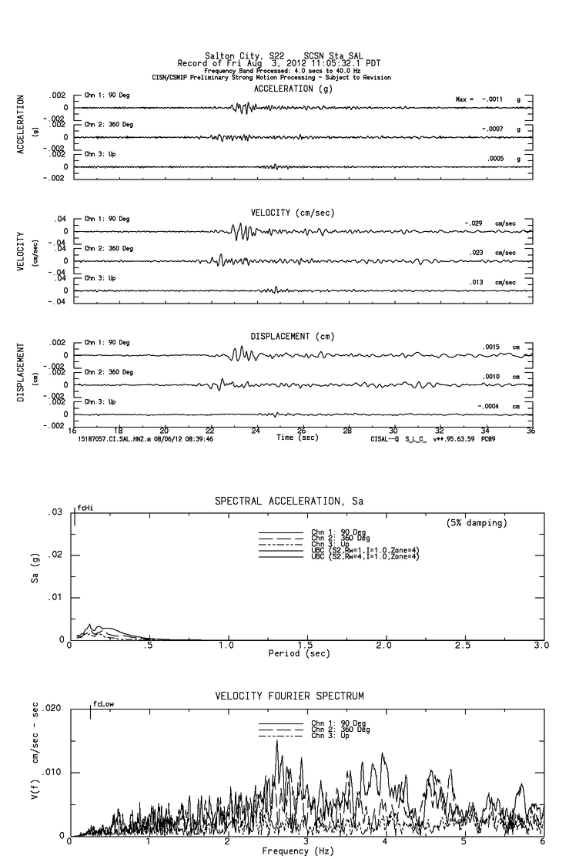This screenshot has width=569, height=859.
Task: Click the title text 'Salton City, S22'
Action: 235,55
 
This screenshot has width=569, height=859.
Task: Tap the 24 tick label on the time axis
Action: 256,431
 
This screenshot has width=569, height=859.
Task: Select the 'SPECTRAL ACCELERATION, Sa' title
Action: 289,502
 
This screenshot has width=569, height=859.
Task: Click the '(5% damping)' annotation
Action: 477,523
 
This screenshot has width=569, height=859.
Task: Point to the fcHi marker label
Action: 85,508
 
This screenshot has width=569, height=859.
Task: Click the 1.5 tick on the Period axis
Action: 305,645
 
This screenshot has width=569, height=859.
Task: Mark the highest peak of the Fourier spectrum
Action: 276,741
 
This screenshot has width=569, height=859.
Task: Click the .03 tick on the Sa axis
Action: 55,512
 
